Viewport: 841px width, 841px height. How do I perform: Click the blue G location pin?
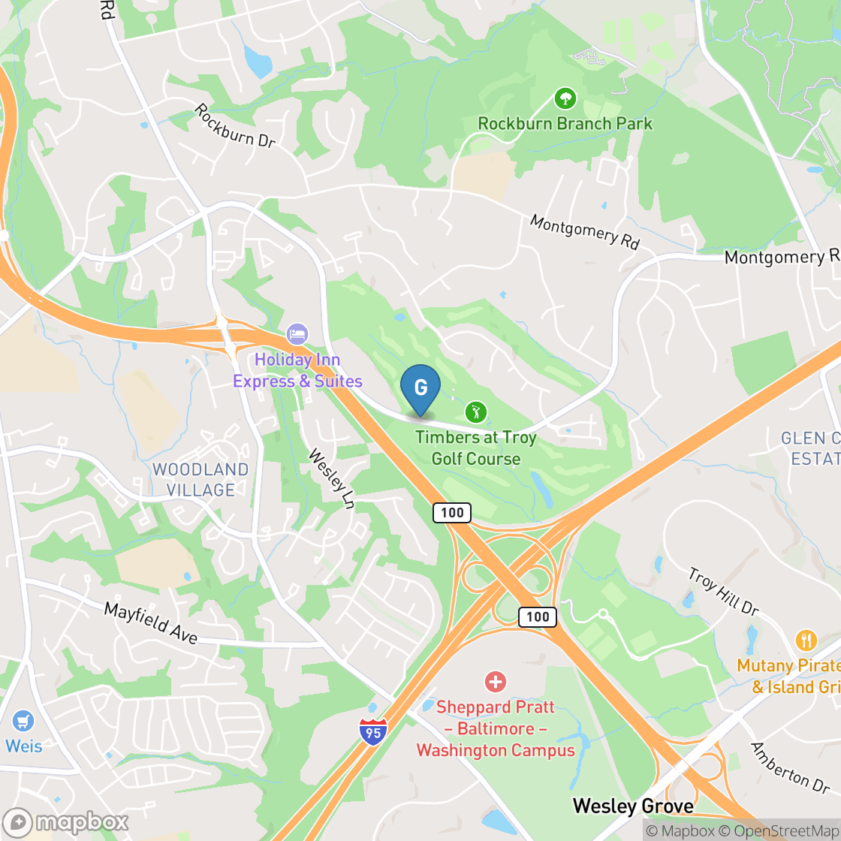click(x=420, y=387)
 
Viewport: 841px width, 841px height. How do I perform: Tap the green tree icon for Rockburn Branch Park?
click(x=565, y=98)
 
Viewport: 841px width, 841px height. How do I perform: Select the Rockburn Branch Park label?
click(x=565, y=123)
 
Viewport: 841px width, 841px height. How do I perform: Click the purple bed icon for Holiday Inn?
click(x=297, y=333)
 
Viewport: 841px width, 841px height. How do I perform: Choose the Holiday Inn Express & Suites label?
click(x=297, y=371)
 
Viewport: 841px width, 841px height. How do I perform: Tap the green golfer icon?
click(x=475, y=411)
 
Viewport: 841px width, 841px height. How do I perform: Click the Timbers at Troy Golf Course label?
click(x=476, y=448)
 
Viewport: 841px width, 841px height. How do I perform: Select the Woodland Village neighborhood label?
click(x=200, y=479)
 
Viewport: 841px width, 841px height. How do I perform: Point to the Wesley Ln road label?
click(x=331, y=478)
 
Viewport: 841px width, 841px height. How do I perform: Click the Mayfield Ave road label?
click(x=150, y=622)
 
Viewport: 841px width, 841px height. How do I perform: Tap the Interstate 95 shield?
click(x=373, y=729)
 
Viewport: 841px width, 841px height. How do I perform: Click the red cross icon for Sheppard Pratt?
click(x=496, y=682)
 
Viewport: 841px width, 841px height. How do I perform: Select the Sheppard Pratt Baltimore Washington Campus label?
click(x=496, y=728)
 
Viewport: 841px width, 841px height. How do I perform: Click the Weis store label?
click(x=24, y=746)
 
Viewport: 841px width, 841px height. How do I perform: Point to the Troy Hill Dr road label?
click(x=723, y=591)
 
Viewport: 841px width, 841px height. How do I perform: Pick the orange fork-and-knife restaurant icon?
click(x=806, y=641)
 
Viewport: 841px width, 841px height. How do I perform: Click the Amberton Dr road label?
click(x=790, y=767)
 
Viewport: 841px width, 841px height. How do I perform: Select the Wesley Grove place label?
click(x=633, y=806)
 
